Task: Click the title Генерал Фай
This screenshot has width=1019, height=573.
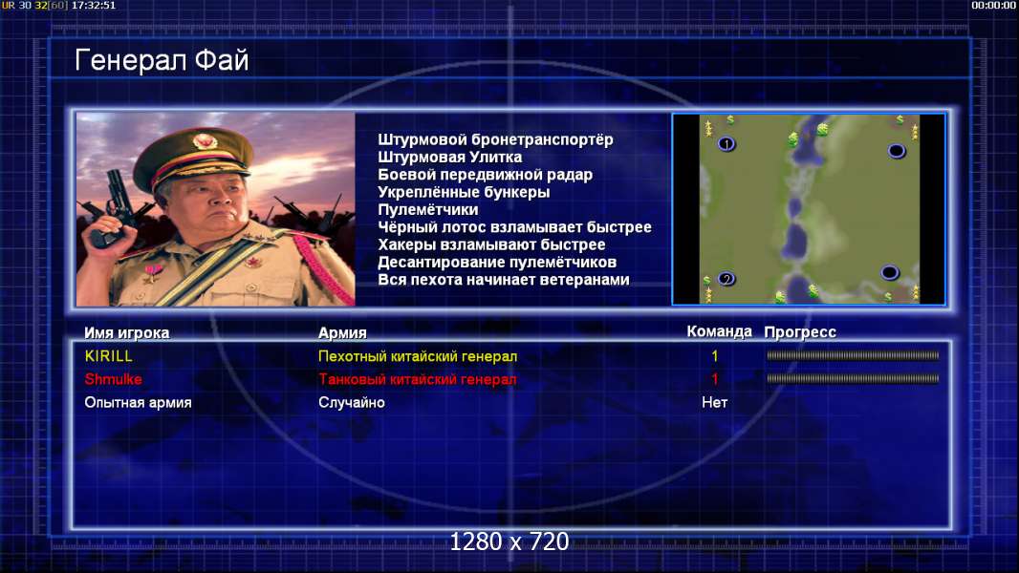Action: [162, 60]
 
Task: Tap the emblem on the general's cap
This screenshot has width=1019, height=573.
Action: [204, 141]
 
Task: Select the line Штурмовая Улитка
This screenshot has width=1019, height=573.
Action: [449, 157]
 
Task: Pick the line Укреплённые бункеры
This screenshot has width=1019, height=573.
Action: [464, 192]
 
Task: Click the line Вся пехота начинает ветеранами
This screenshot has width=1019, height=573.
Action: [504, 280]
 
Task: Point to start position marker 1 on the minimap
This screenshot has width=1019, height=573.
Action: [726, 143]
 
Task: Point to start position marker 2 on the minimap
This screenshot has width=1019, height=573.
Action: [726, 279]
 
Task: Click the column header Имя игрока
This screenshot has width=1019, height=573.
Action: [127, 333]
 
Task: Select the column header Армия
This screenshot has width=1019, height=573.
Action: [342, 333]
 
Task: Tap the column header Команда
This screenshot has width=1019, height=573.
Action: [720, 331]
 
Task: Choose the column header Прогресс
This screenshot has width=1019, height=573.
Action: [800, 332]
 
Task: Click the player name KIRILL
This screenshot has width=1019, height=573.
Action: [109, 356]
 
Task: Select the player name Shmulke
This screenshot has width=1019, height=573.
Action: [113, 379]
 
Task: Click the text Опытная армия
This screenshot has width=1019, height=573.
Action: [138, 402]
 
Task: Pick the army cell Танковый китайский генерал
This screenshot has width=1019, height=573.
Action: [417, 379]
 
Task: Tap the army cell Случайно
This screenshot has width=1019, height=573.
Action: [352, 402]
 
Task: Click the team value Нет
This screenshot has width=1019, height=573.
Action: [714, 402]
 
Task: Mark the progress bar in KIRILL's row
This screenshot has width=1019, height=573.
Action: [853, 355]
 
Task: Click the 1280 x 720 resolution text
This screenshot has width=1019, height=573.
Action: [509, 541]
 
